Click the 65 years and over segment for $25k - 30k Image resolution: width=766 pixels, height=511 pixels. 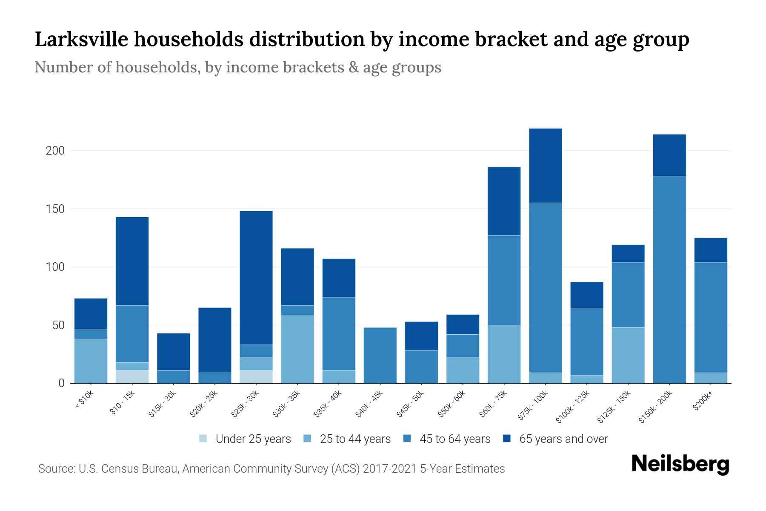(x=256, y=278)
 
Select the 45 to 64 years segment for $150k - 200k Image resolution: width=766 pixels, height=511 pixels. (x=669, y=279)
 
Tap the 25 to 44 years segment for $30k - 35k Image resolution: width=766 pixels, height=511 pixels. (x=297, y=349)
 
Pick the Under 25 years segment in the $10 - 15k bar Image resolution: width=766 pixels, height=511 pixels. (x=132, y=377)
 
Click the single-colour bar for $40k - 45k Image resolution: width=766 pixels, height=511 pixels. (x=380, y=355)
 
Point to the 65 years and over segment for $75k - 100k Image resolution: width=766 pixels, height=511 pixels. (x=546, y=166)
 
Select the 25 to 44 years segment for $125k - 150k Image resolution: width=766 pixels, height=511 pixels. (x=628, y=355)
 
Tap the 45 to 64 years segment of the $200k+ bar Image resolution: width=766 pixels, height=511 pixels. (x=711, y=317)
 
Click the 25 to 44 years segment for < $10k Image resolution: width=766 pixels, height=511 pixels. (x=91, y=361)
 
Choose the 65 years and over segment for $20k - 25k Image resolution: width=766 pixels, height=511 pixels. (x=215, y=340)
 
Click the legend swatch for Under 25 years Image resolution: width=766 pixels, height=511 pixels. (x=203, y=439)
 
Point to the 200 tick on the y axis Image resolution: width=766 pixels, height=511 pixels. (x=55, y=151)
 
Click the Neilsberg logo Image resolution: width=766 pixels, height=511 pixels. (x=680, y=464)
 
